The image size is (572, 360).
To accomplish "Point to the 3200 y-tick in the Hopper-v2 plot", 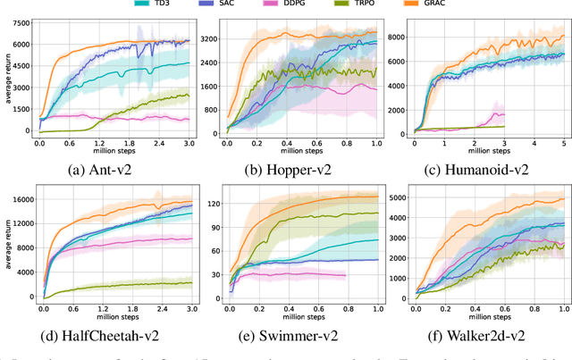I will (x=210, y=39).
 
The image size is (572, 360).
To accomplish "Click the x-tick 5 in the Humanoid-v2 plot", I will (x=563, y=142).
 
